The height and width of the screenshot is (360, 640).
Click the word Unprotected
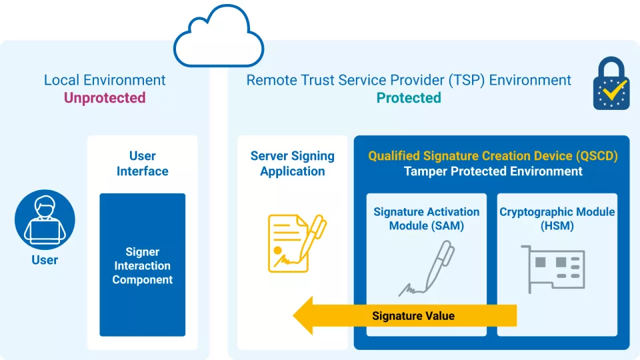pos(105,98)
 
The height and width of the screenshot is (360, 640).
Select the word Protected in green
pos(409,98)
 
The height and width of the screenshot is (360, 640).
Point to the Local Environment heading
pos(105,80)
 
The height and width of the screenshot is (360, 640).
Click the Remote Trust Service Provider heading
pos(409,80)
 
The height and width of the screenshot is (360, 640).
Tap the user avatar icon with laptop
pos(45,219)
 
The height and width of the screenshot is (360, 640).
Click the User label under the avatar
pos(45,260)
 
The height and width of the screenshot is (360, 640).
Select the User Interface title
pos(142,163)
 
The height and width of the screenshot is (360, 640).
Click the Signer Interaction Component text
pos(142,266)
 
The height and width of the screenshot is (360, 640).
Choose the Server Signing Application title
pos(292,163)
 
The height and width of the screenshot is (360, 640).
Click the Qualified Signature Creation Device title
pos(493,156)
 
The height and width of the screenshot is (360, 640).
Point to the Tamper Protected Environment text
pos(493,171)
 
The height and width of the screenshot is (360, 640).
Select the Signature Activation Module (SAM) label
pos(426,219)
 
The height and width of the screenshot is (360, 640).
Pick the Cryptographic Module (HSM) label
pos(557,219)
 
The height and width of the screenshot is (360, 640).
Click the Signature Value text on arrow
pos(413,315)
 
